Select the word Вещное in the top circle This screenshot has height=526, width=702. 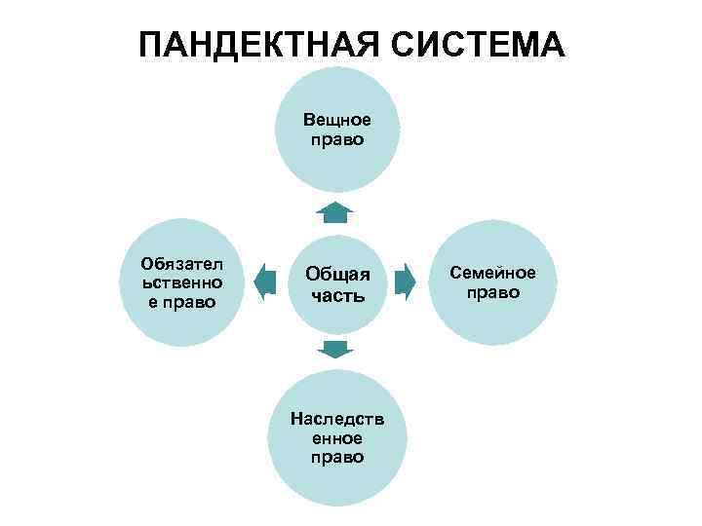tap(336, 120)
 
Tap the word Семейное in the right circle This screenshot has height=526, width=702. tap(492, 273)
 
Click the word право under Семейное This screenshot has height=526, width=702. tap(492, 292)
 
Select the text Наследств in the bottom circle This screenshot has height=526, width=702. tap(337, 419)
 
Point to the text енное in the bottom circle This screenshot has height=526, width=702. tap(337, 437)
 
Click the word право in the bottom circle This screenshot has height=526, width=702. tap(337, 456)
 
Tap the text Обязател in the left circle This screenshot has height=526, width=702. tap(181, 264)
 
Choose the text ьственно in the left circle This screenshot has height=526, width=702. tap(181, 282)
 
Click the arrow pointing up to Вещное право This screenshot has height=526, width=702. tap(335, 211)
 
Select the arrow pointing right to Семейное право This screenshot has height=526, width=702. tap(406, 282)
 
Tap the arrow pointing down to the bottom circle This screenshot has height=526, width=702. tap(335, 350)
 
